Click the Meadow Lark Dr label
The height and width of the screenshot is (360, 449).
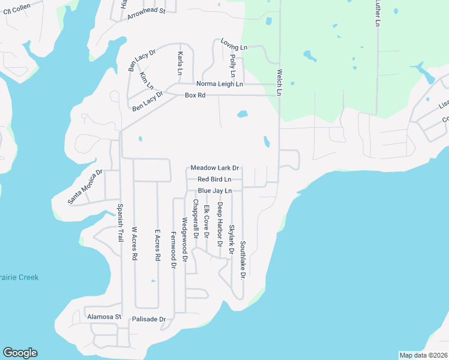coord(215,168)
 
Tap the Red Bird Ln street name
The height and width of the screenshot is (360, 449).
coord(214,179)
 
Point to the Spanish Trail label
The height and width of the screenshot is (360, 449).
coord(120,223)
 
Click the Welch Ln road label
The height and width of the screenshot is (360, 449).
coord(279,82)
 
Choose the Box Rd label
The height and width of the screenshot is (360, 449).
coord(195,95)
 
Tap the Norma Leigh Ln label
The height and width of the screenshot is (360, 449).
coord(220,84)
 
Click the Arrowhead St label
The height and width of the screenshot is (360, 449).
coord(146,14)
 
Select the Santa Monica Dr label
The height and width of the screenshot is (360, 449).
coord(85,187)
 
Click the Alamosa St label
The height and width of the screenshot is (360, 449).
coord(104,316)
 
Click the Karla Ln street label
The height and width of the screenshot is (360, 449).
coord(180,63)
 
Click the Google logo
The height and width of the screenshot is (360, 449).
coord(20,353)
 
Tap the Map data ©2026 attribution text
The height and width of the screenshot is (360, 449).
coord(423,355)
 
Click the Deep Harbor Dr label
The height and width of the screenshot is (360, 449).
coord(220,221)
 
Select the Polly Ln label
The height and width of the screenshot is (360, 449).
coord(232,65)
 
